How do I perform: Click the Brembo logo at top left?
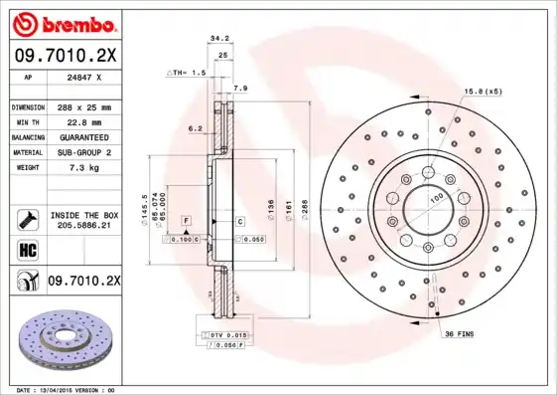click(x=62, y=22)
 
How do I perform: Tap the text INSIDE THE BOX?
click(x=84, y=215)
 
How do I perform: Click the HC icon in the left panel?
click(x=27, y=249)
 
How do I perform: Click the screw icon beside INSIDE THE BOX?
click(x=27, y=219)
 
